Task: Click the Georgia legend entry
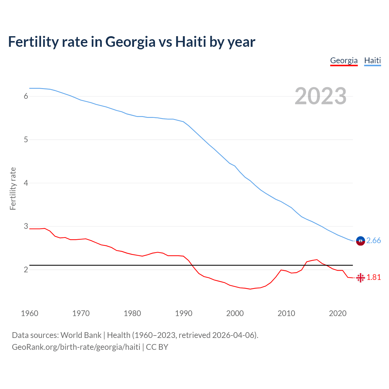coord(344,60)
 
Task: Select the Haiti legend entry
coord(372,60)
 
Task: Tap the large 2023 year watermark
coord(321,96)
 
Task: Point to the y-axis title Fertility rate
coord(13,188)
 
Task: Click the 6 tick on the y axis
coord(26,96)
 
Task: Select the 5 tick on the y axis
coord(26,140)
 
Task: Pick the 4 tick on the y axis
coord(26,183)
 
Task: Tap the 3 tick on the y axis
coord(26,226)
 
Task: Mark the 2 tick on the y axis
coord(26,270)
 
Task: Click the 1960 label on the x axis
coord(29,313)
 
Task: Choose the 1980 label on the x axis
coord(132,313)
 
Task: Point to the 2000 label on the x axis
coord(235,313)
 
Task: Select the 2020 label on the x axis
coord(338,313)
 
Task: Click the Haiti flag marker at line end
coord(360,241)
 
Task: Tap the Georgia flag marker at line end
coord(360,277)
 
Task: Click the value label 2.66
coord(374,241)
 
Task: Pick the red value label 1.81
coord(374,277)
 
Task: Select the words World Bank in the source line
coord(81,335)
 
